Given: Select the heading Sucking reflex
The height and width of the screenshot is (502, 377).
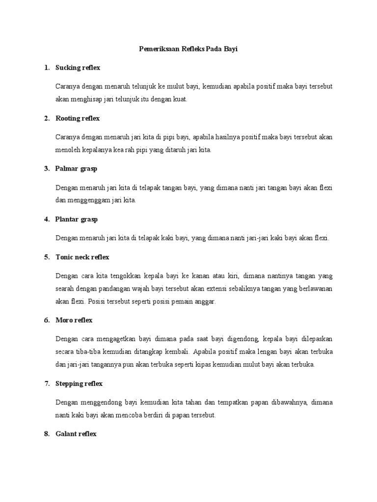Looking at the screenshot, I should pos(78,68).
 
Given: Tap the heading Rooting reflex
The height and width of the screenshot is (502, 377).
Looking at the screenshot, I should pos(78,118).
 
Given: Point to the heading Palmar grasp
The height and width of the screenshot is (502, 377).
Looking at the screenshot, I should pos(76,169).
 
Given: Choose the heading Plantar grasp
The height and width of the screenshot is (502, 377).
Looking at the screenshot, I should pos(77,220).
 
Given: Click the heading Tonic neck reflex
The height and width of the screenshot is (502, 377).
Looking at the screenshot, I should pos(82,257).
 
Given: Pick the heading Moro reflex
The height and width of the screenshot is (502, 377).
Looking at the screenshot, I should pos(74,320).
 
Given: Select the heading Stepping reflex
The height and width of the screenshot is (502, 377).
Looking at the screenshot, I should pos(79,383).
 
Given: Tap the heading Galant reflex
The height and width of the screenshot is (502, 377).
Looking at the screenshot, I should pos(76,434).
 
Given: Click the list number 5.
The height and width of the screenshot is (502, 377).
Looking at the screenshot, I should pos(47,257).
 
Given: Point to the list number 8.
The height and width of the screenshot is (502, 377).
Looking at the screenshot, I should pos(47,434).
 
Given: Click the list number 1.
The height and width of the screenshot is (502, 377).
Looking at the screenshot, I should pos(47,68).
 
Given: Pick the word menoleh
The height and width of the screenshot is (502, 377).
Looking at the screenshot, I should pos(68,150).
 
